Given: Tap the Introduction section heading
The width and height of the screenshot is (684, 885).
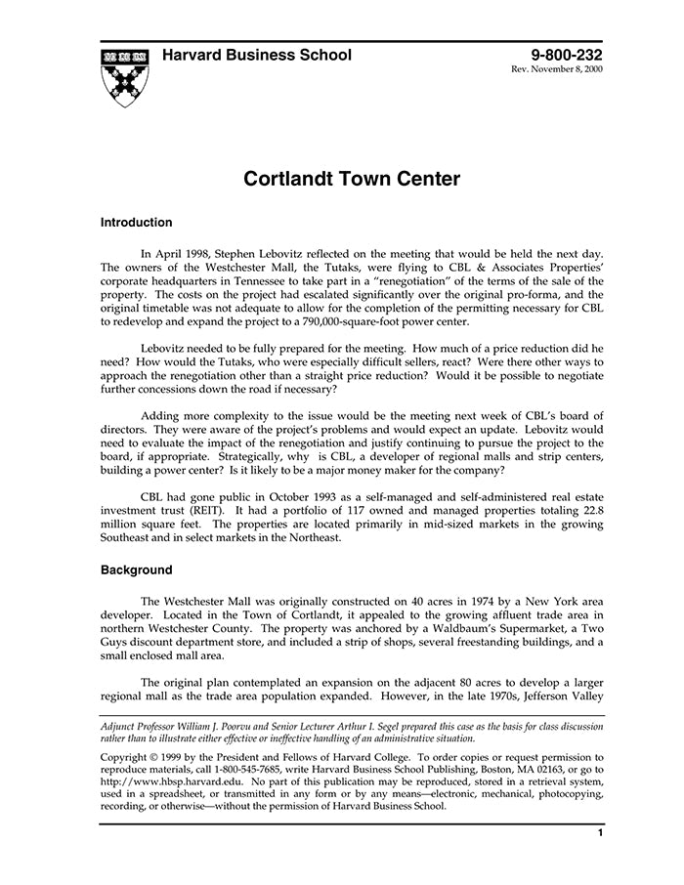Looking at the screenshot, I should point(137,223).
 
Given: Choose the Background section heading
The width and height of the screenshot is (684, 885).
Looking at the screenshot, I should point(137,570).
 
